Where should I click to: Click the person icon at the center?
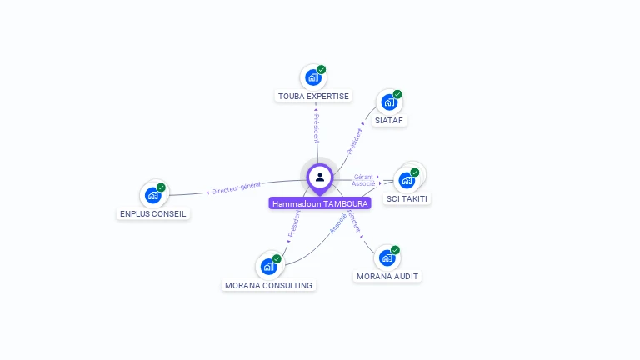click(x=320, y=177)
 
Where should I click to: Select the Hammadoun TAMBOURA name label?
click(x=320, y=203)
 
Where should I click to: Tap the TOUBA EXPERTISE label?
click(x=313, y=96)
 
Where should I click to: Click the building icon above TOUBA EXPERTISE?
click(x=312, y=78)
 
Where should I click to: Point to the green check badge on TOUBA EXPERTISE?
click(x=322, y=70)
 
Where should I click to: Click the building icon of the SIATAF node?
click(x=388, y=102)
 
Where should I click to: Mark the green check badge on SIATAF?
click(x=397, y=94)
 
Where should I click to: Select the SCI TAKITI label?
click(x=407, y=198)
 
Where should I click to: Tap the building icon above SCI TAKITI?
click(x=407, y=180)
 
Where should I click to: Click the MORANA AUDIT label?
click(x=387, y=276)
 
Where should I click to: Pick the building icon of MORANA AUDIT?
click(x=387, y=257)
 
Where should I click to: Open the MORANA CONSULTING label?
click(x=268, y=285)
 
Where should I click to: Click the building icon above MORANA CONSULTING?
click(x=268, y=267)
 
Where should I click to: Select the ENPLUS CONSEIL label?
click(x=153, y=213)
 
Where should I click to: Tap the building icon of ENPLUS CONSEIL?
click(x=152, y=195)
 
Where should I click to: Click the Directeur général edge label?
click(x=236, y=187)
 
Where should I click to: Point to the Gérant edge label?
click(x=363, y=177)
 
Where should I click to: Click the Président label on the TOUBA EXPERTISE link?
click(x=317, y=128)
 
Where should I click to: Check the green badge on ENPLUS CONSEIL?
click(x=161, y=187)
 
